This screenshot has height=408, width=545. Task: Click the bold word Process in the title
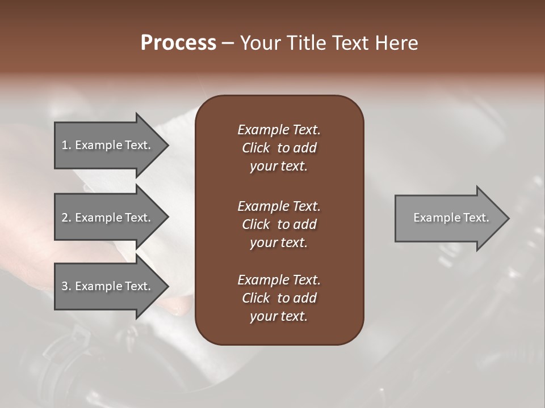tap(178, 43)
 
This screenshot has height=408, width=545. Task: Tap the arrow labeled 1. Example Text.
tap(108, 145)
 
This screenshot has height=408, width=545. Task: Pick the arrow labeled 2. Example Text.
tap(108, 218)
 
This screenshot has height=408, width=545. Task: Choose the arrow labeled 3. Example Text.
tap(108, 286)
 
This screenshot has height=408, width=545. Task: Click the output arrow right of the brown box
tap(448, 218)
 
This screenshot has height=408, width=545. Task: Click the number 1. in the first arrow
tap(66, 145)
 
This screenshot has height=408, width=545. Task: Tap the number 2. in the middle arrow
tap(66, 218)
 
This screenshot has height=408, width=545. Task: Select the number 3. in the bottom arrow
tap(66, 286)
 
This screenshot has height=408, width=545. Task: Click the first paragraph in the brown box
tap(279, 147)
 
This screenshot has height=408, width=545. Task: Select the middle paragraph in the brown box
tap(279, 224)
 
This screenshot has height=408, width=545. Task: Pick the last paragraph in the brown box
tap(279, 297)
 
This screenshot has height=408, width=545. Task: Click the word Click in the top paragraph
tap(256, 148)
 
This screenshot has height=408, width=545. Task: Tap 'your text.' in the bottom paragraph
tap(279, 316)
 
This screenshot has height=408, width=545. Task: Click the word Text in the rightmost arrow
tap(476, 218)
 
